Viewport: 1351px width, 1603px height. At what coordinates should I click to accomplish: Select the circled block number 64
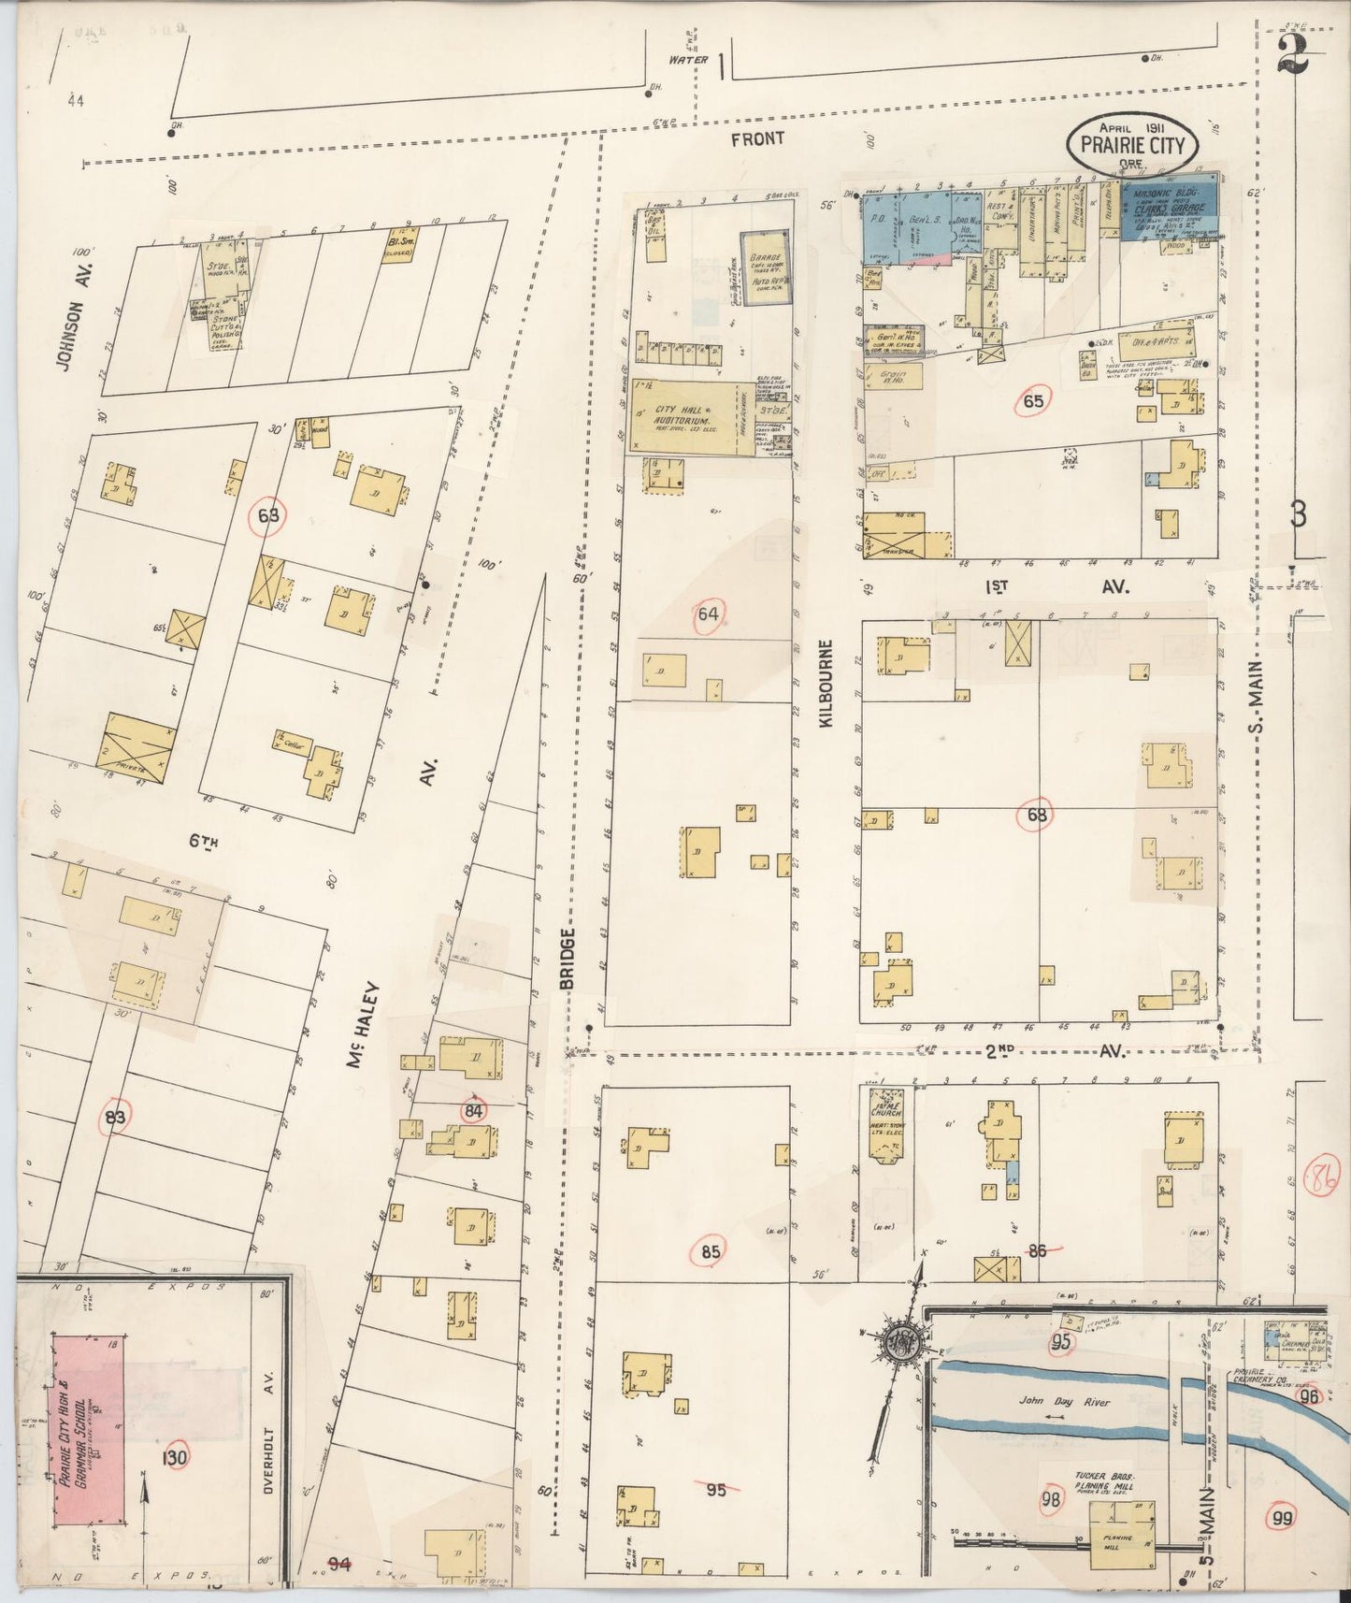coord(710,614)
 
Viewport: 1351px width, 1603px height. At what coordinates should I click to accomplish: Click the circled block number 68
coord(1036,815)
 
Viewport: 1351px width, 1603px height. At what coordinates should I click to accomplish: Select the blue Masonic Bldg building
coord(1169,210)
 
